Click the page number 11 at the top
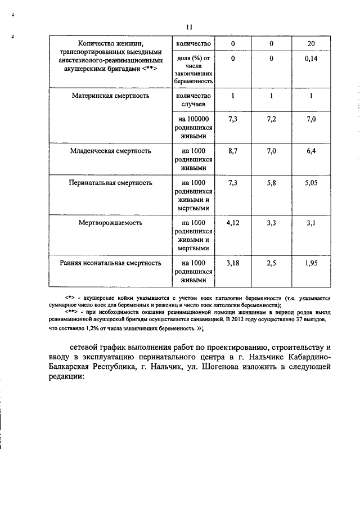[189, 26]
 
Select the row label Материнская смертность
[110, 96]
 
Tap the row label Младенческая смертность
[110, 151]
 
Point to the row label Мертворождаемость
[110, 223]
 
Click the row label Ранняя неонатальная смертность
[110, 263]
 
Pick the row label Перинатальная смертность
[110, 183]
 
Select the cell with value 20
[311, 44]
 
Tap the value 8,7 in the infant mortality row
[232, 151]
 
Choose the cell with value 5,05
[311, 183]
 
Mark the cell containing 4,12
[232, 223]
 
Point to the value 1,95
[311, 263]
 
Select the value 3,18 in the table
[232, 263]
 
